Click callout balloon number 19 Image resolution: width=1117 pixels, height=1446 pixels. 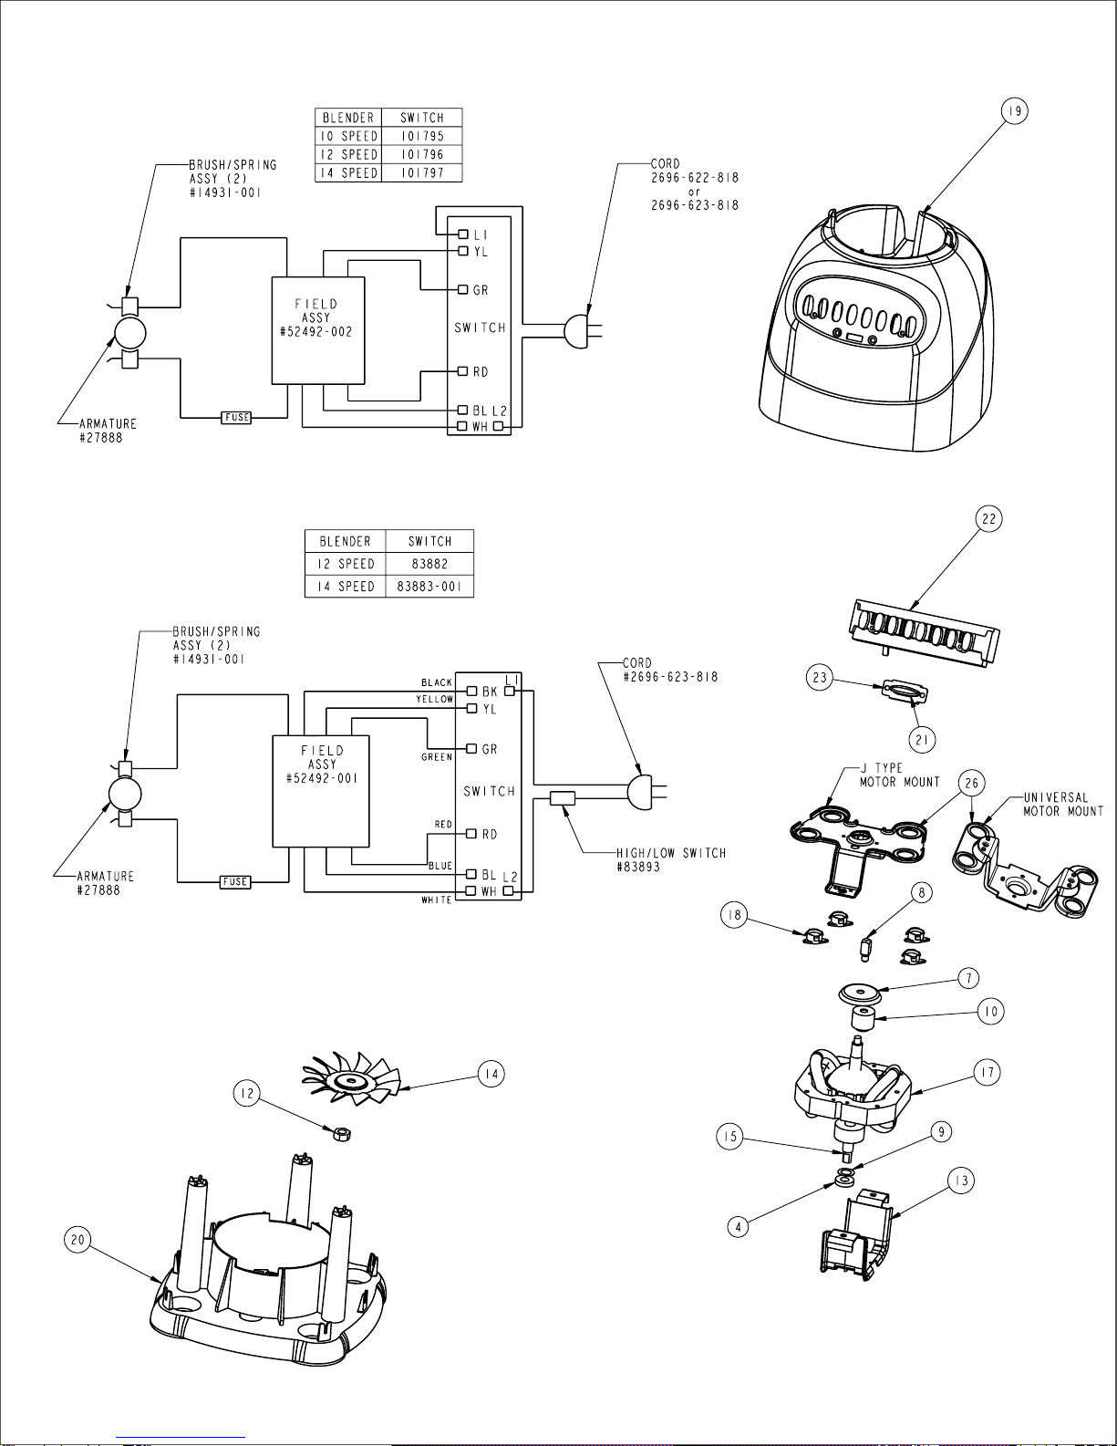(1014, 111)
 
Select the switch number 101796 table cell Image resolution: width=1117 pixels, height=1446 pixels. (422, 154)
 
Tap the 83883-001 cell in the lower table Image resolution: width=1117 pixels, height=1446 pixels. (429, 587)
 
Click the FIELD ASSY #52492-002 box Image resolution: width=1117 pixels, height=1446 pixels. (317, 330)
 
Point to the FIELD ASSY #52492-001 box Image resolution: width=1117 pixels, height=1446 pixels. (321, 791)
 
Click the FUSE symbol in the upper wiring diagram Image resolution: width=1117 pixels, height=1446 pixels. (237, 418)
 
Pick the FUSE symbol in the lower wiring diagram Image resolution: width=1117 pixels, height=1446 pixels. (235, 881)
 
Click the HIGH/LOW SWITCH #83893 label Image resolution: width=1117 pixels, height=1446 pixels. (671, 859)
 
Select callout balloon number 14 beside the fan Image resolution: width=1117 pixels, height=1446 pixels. (491, 1074)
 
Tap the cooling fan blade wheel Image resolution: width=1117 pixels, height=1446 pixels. (351, 1081)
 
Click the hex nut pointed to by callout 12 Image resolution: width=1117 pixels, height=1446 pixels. (341, 1134)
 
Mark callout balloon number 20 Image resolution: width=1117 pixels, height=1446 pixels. (78, 1239)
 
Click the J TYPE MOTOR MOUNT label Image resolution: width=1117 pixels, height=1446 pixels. (899, 775)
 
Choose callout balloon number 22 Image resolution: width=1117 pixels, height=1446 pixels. (988, 519)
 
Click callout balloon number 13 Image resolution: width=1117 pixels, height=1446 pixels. (961, 1181)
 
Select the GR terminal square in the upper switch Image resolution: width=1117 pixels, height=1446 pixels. (463, 290)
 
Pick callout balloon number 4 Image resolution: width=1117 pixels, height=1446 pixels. (739, 1226)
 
